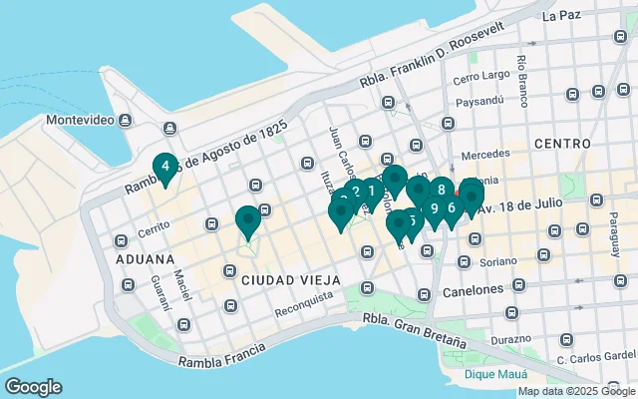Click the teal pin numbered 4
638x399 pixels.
164,167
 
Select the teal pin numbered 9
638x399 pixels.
434,208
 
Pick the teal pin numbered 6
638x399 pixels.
452,207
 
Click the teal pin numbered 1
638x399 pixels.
371,190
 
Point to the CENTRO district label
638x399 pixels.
561,144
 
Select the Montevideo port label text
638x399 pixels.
80,120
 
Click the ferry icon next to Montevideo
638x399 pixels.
126,120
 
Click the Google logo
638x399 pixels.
33,387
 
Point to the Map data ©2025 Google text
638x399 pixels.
575,391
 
